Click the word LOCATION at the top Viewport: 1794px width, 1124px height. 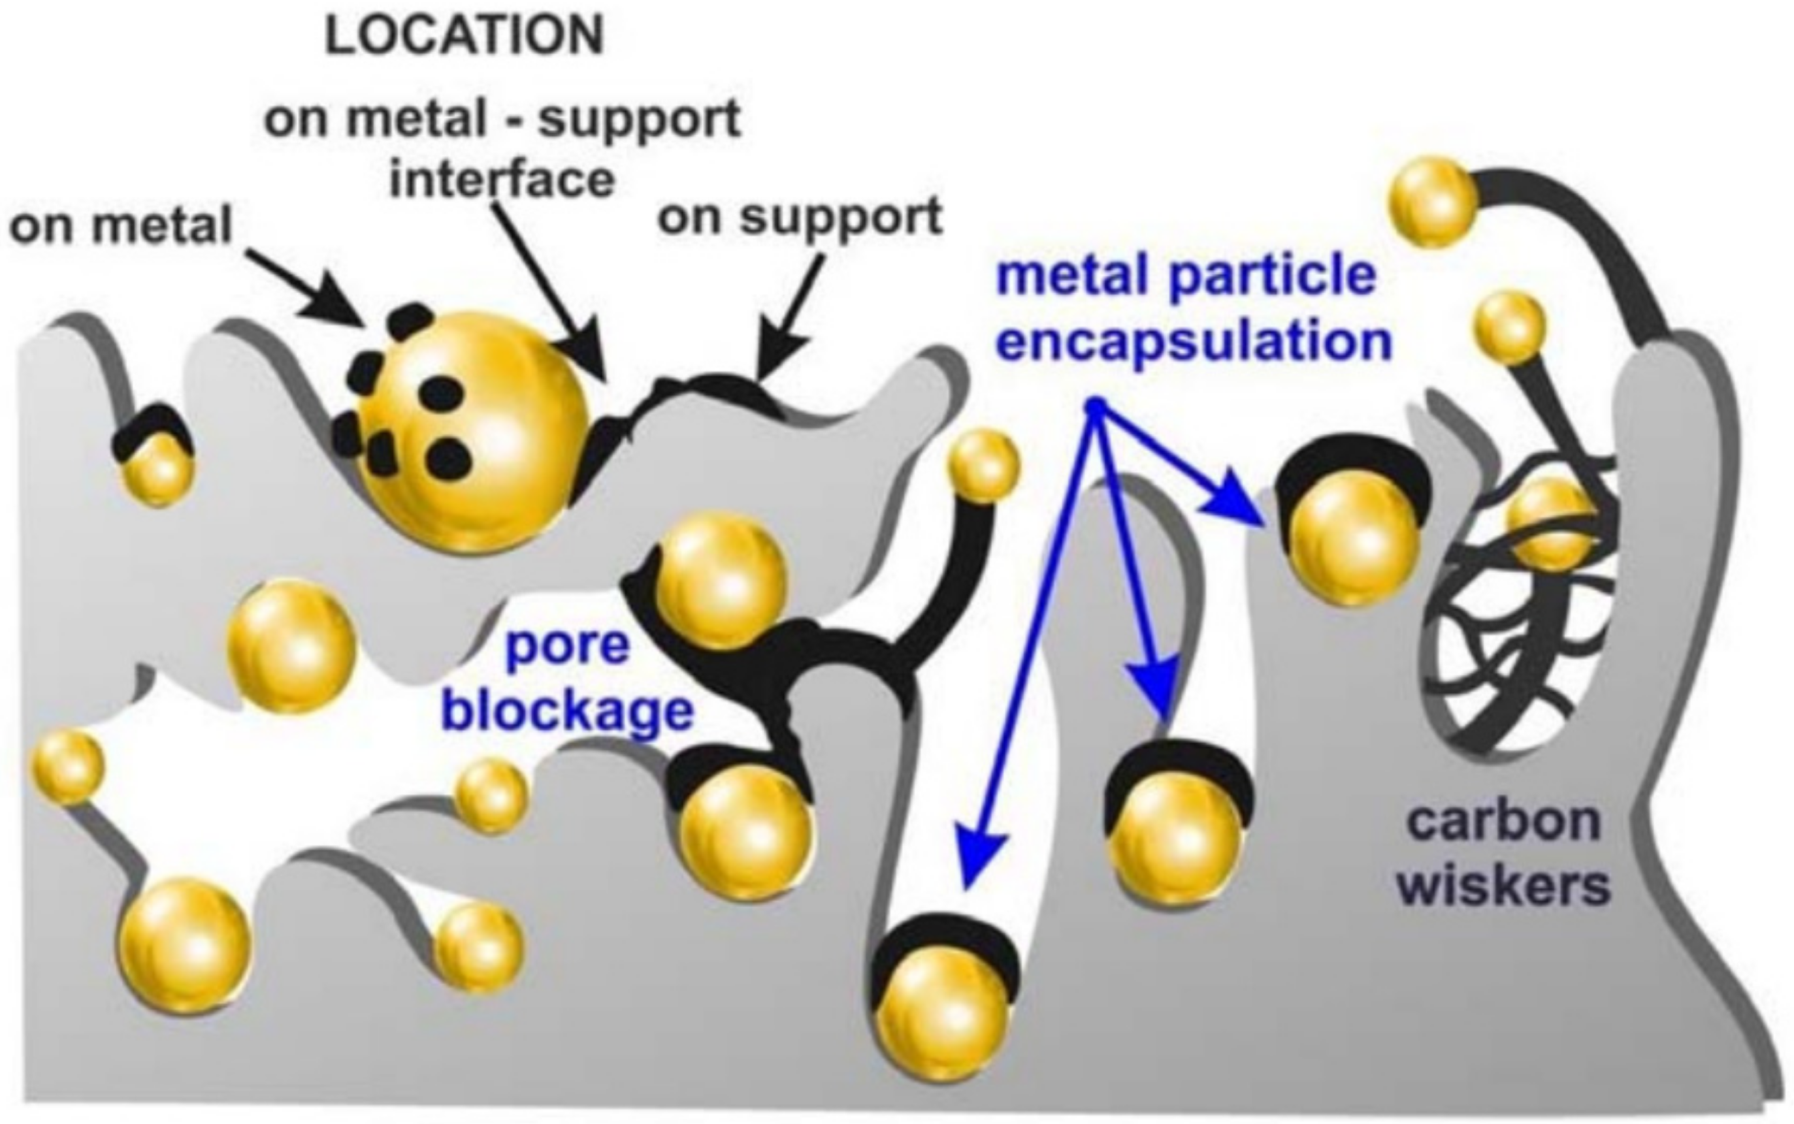coord(465,36)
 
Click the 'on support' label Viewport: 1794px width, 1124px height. coord(800,217)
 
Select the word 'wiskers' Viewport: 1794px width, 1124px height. coord(1503,886)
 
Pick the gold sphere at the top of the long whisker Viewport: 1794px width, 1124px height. coord(1431,202)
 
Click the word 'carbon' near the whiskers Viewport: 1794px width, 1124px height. coord(1504,821)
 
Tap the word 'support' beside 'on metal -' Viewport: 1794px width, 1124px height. coord(640,119)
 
